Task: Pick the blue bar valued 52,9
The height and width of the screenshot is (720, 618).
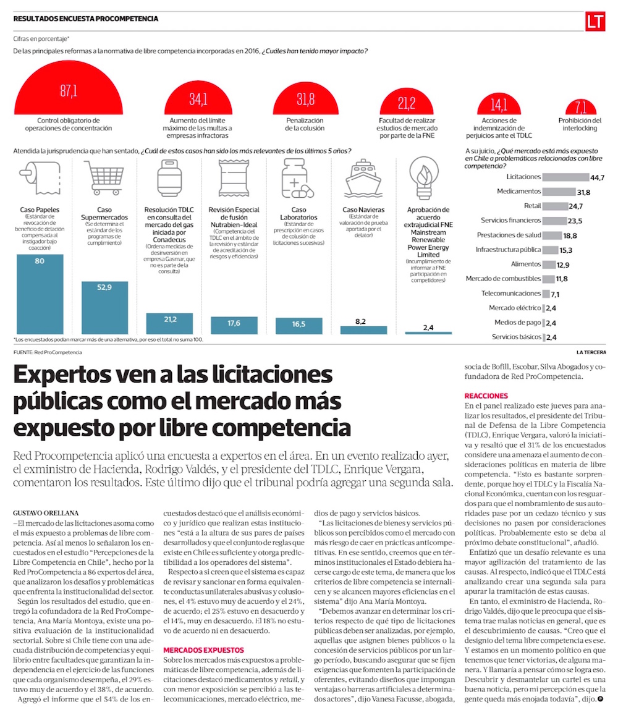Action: point(104,308)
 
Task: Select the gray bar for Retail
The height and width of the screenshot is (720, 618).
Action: point(556,206)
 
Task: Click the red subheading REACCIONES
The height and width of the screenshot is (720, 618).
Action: point(486,396)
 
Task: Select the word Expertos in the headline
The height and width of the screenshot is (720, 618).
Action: point(76,378)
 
